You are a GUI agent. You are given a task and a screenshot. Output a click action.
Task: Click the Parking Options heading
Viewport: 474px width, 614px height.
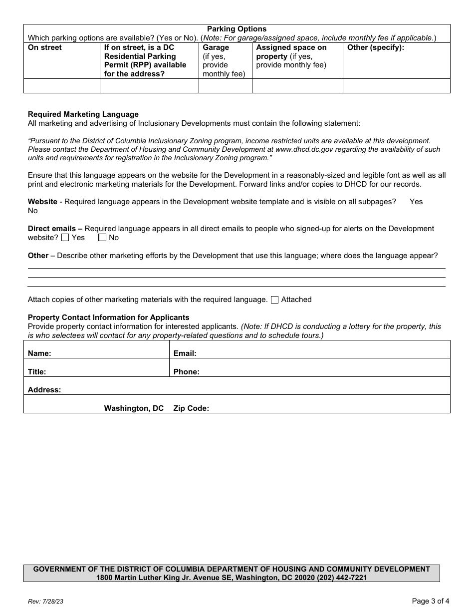pos(237,29)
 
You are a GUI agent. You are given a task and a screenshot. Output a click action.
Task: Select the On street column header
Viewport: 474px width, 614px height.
pos(45,47)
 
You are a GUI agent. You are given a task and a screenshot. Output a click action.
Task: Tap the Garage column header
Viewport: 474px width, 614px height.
pos(216,47)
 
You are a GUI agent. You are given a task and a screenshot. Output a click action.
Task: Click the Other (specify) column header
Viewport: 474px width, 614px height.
pos(375,47)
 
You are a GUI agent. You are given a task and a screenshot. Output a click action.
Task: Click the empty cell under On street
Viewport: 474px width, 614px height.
pos(62,86)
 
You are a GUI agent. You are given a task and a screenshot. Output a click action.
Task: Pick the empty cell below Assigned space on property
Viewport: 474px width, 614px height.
pos(297,86)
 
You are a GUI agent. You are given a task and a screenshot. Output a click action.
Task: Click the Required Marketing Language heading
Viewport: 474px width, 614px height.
pos(83,114)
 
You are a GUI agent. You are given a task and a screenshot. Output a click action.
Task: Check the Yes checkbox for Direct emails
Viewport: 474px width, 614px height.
pos(65,238)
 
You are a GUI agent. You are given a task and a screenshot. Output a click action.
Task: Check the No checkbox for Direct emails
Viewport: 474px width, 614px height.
pos(102,238)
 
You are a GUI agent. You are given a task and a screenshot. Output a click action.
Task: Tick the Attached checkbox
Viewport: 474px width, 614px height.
pos(274,300)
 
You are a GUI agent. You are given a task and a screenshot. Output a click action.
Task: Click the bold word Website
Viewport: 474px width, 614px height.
pos(42,202)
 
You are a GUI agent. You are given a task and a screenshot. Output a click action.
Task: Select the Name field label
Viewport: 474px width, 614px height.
pos(39,353)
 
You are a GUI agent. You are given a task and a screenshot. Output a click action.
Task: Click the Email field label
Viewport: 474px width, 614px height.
pos(185,353)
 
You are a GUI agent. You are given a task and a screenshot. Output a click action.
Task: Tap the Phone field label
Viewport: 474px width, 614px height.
pos(186,372)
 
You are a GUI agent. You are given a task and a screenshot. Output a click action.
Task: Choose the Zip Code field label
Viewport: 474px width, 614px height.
pos(191,408)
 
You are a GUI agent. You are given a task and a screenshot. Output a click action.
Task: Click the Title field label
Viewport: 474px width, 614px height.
pos(37,372)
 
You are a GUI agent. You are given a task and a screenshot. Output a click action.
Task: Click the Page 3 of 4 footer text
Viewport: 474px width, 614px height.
pos(430,601)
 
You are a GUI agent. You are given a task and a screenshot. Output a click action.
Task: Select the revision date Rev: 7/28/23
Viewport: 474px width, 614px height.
pos(45,602)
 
